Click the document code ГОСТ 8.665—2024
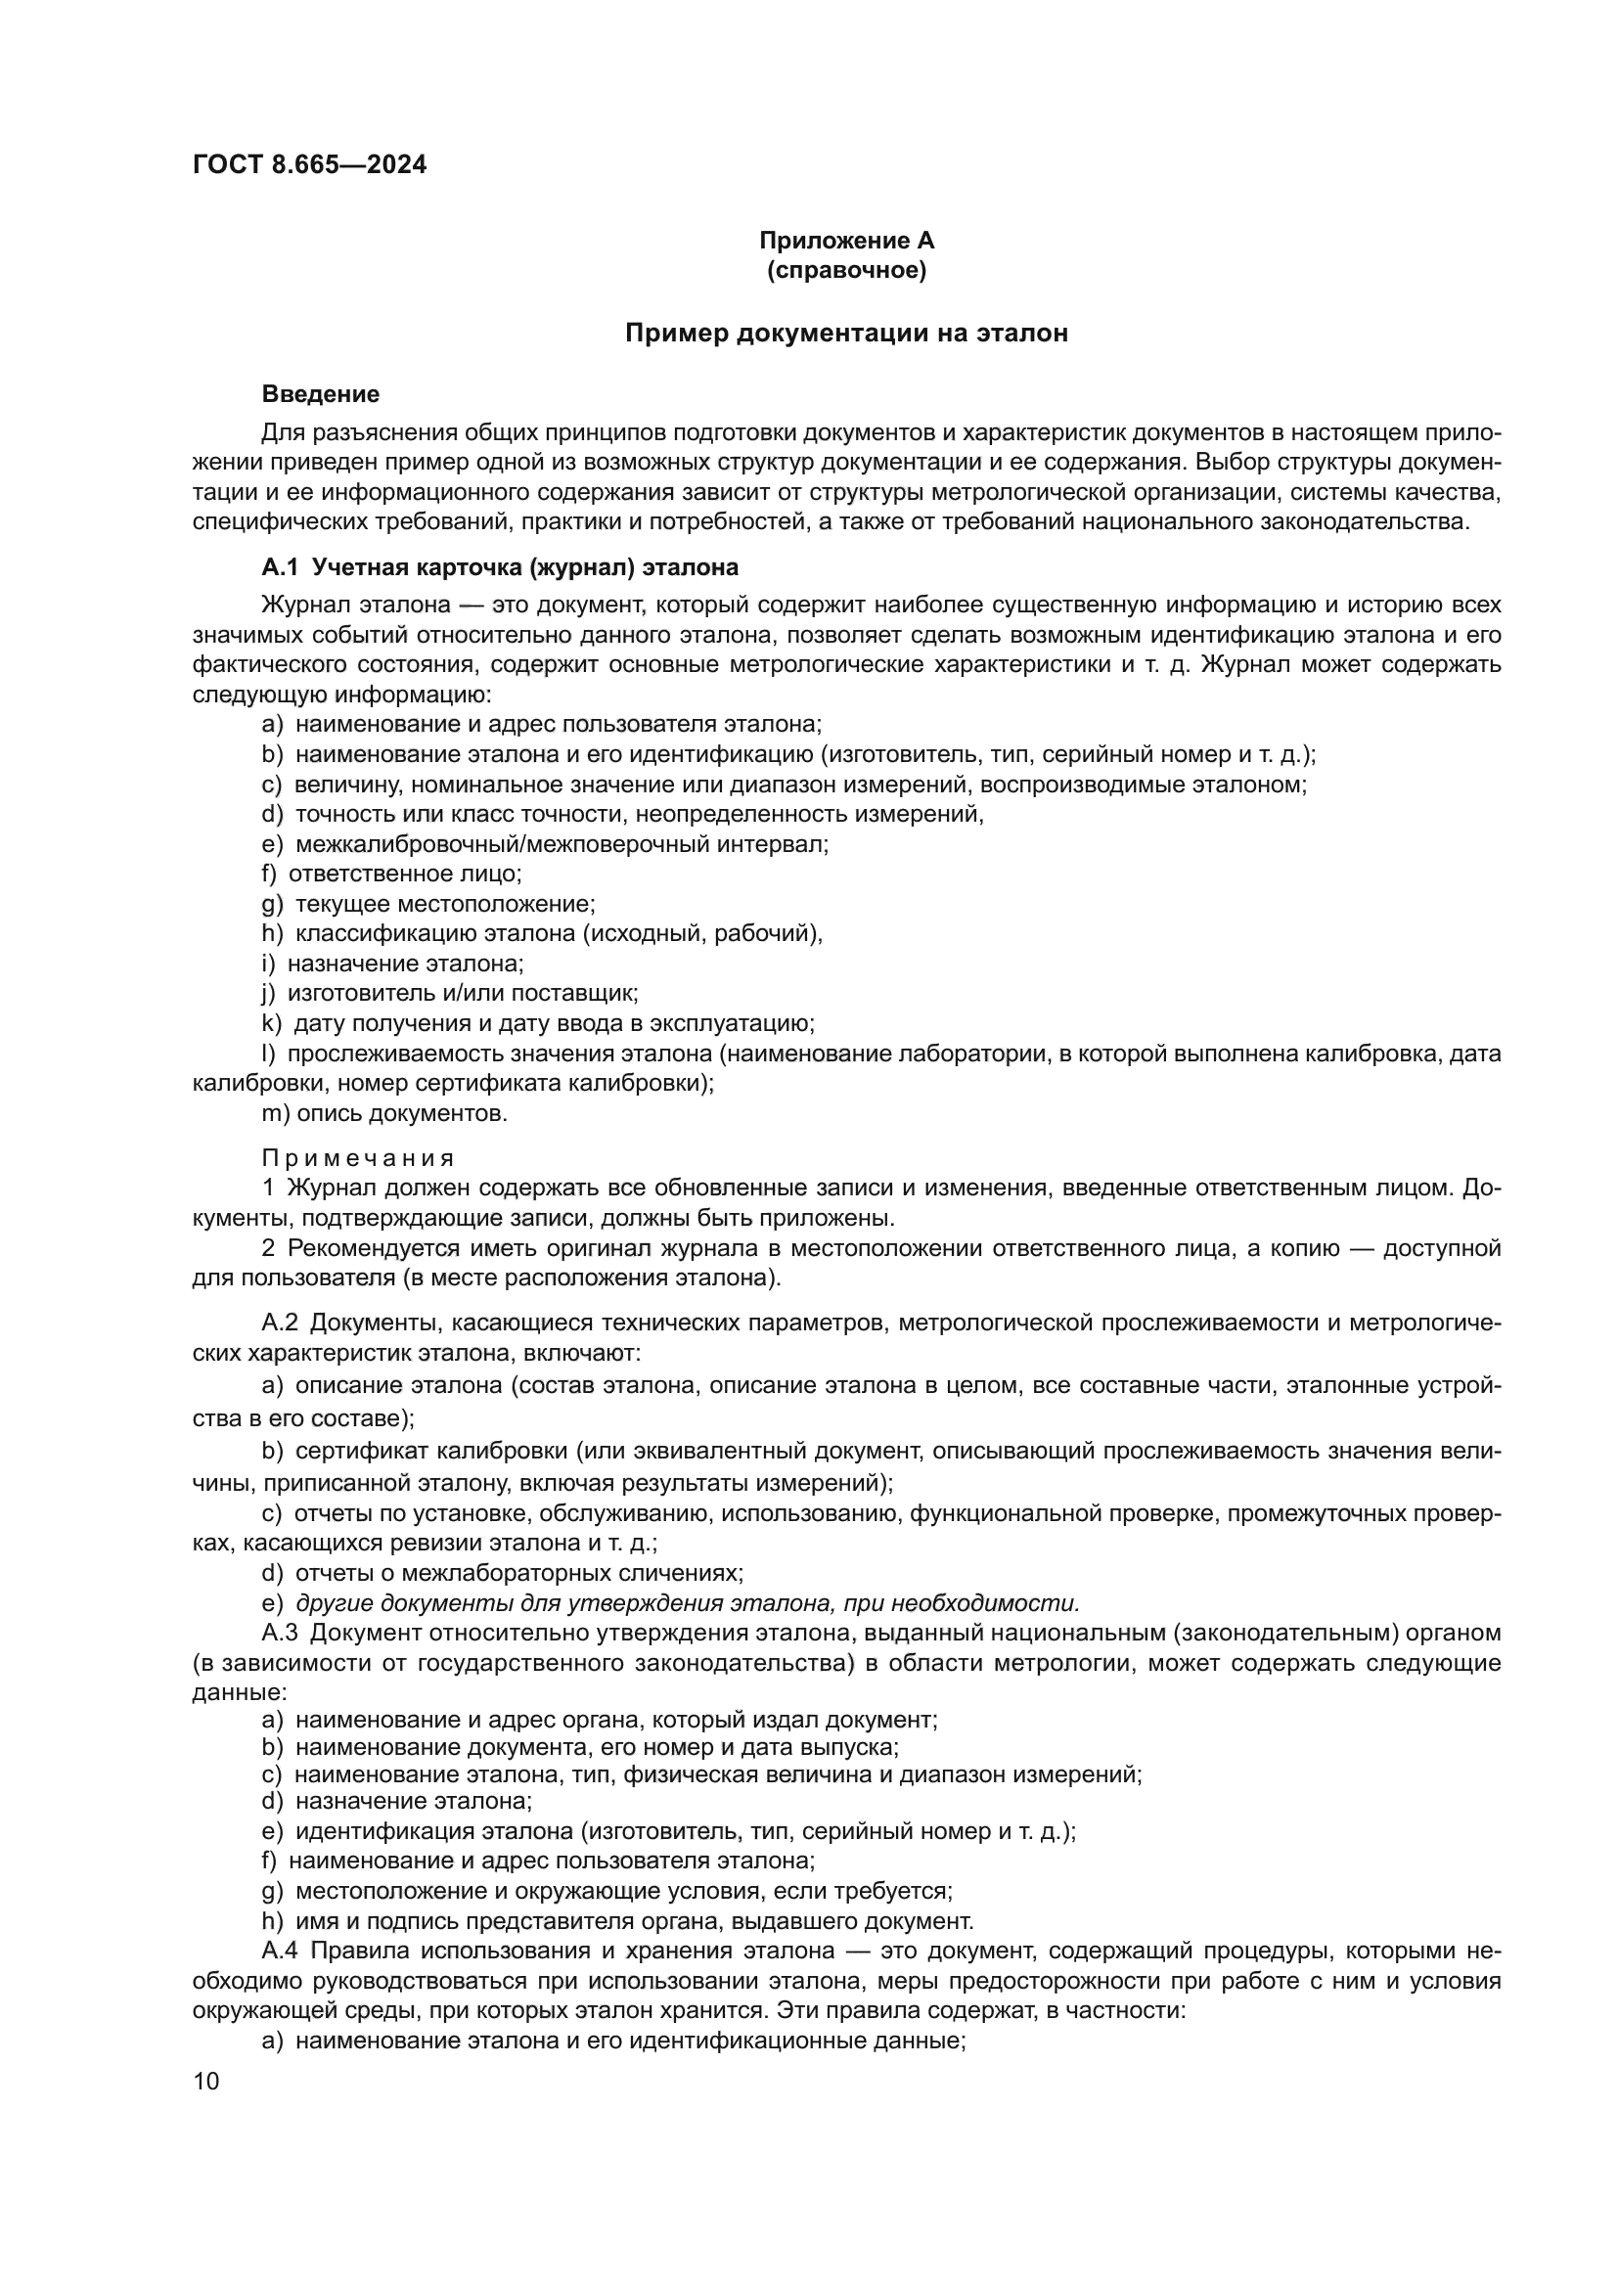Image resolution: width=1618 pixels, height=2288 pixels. [x=309, y=165]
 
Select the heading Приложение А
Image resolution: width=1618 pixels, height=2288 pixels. [x=846, y=241]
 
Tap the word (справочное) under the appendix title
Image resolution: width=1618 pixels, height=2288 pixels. [x=846, y=270]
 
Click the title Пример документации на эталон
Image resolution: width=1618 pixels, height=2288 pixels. [x=846, y=334]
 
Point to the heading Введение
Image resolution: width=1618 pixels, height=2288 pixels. [x=320, y=393]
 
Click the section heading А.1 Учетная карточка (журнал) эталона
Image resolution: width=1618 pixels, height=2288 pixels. [x=499, y=568]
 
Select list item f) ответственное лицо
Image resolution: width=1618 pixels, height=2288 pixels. [x=391, y=874]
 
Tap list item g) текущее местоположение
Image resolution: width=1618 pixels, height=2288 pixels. [x=428, y=904]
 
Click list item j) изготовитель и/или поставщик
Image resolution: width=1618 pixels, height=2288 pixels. [x=449, y=993]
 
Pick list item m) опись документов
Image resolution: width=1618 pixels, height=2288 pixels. [x=384, y=1113]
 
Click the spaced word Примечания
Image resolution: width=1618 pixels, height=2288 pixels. [x=358, y=1158]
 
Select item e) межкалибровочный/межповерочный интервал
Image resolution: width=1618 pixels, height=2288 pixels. [x=545, y=844]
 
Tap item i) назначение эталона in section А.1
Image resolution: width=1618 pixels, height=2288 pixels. [x=391, y=964]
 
